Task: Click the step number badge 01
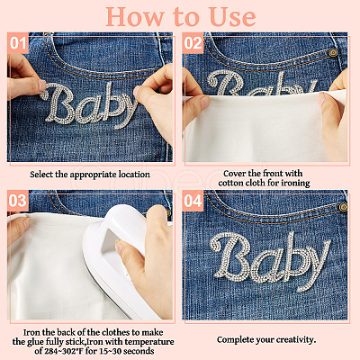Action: click(18, 43)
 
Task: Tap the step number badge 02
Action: click(193, 43)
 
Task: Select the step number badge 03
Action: click(18, 201)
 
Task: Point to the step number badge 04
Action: click(193, 201)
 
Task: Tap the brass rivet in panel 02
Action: click(332, 53)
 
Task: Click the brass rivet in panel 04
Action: click(343, 206)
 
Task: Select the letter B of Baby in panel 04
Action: click(230, 255)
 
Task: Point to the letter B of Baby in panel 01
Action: click(58, 103)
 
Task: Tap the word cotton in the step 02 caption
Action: click(229, 183)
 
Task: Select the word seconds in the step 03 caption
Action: click(139, 351)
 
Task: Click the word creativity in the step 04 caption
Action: click(296, 340)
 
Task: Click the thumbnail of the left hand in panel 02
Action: click(205, 102)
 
